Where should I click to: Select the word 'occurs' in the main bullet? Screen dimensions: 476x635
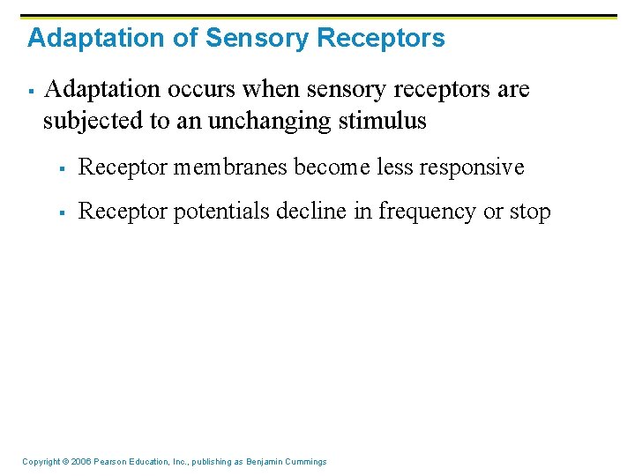click(x=188, y=90)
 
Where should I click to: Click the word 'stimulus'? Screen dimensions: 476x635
click(x=384, y=121)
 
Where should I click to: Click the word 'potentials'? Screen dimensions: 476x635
click(x=218, y=212)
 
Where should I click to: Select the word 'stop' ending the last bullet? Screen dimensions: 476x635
click(x=529, y=212)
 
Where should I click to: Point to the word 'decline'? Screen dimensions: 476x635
click(x=303, y=212)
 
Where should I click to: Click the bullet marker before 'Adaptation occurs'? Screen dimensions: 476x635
click(x=30, y=91)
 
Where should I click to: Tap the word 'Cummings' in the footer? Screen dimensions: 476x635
click(x=305, y=462)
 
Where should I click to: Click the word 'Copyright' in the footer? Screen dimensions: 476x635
click(x=41, y=462)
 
